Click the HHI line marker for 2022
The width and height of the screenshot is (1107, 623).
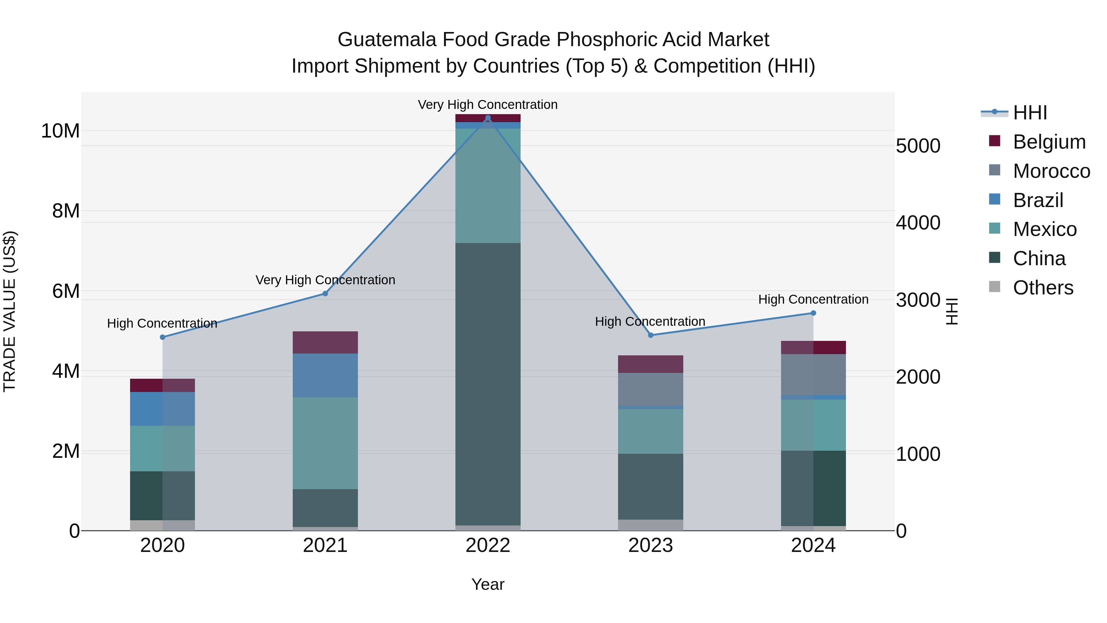coord(488,118)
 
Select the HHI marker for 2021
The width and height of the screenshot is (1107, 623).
coord(325,294)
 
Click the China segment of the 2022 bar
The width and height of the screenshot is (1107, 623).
coord(488,383)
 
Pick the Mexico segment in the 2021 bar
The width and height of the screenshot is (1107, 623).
coord(325,443)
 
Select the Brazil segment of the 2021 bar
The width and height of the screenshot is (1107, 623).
coord(325,375)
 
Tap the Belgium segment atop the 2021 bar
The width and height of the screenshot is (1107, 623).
coord(325,342)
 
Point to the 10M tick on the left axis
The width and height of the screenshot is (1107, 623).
coord(60,131)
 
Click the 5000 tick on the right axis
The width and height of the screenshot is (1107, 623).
coord(918,146)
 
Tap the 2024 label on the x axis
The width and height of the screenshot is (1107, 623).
coord(813,545)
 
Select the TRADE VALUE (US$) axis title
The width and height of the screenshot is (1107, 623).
coord(10,311)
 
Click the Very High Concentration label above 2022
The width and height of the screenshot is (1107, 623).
coord(488,105)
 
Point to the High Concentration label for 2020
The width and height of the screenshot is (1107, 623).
coord(162,323)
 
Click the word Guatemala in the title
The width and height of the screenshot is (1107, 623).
coord(388,40)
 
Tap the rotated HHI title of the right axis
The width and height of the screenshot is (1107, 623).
coord(952,311)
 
